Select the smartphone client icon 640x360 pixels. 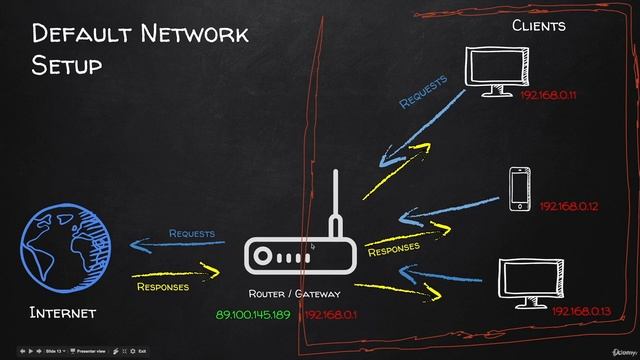(519, 189)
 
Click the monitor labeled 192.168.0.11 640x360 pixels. (498, 69)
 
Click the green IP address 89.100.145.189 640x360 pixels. (252, 315)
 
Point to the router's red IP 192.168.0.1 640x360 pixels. (332, 315)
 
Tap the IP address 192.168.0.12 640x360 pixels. (568, 206)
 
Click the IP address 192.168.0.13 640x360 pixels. (581, 312)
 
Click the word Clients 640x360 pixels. (539, 25)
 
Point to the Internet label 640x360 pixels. (63, 314)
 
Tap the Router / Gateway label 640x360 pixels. (294, 294)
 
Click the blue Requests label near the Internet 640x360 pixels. (191, 234)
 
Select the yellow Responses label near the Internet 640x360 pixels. (162, 287)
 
